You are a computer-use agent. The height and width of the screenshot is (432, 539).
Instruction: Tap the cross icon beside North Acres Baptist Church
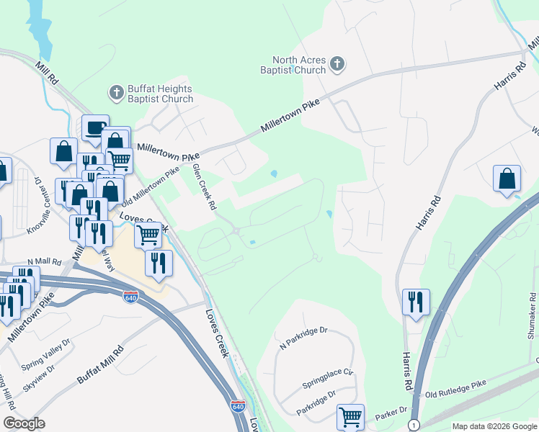(x=336, y=66)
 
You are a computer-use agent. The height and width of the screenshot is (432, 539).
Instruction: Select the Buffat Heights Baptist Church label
(x=160, y=94)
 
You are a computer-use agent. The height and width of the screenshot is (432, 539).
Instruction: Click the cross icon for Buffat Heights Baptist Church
(x=116, y=92)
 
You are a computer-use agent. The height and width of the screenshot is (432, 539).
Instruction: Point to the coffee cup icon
(x=95, y=127)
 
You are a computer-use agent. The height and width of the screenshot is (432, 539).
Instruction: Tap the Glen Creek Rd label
(x=204, y=186)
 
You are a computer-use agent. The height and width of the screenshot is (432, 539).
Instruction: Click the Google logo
(x=24, y=423)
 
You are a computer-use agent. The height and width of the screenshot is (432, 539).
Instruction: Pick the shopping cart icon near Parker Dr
(x=350, y=416)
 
